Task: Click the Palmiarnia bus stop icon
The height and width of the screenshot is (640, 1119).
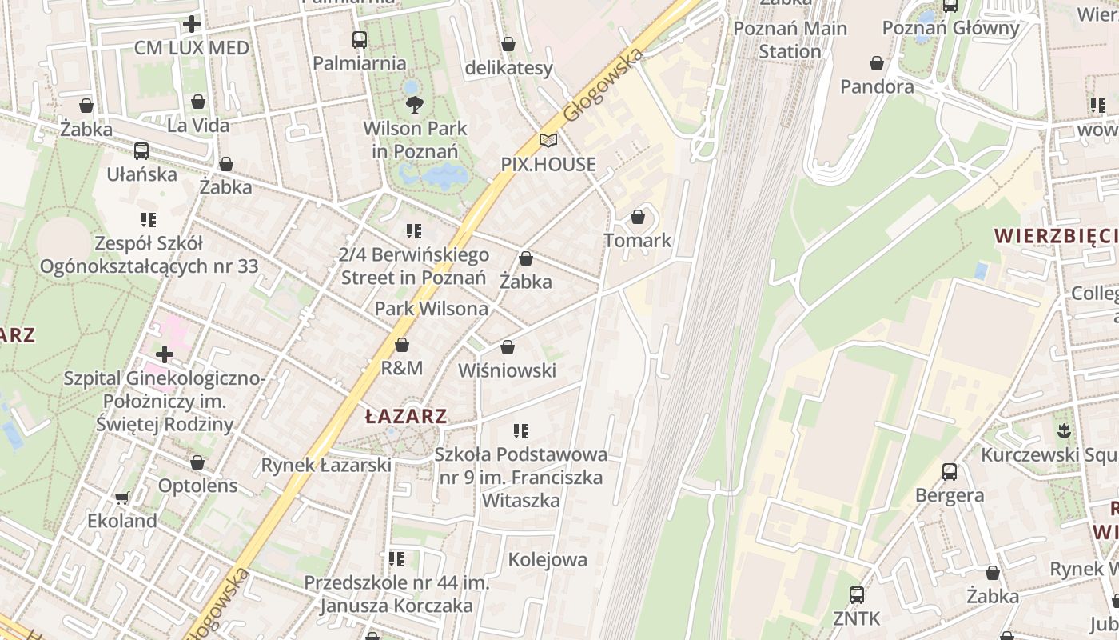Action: tap(360, 40)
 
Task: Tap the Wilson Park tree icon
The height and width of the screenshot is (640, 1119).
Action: tap(414, 104)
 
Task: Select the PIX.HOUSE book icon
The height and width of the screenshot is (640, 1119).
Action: tap(548, 141)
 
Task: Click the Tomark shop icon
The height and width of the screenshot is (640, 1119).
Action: tap(638, 217)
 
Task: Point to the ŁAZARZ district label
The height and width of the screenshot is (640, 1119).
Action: tap(406, 416)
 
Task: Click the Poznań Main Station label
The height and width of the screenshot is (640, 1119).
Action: tap(790, 40)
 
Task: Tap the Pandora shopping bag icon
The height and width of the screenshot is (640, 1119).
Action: tap(877, 63)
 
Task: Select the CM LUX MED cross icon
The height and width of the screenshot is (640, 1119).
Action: tap(192, 24)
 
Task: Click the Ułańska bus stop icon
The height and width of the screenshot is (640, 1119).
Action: tap(141, 150)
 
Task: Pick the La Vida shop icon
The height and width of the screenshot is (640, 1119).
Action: tap(198, 102)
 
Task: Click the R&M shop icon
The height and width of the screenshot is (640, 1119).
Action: tap(402, 345)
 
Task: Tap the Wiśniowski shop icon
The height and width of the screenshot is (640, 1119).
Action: tap(507, 347)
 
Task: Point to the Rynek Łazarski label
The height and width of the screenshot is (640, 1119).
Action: tap(326, 465)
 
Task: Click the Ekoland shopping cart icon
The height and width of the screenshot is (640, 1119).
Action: tap(121, 498)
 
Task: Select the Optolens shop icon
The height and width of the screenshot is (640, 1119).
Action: tap(197, 462)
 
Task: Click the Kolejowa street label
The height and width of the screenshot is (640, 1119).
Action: tap(548, 559)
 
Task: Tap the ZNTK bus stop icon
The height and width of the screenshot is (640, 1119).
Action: tap(856, 594)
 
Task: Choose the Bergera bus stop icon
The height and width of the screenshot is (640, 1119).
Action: tap(949, 471)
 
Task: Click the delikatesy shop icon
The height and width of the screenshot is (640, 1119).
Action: tap(508, 44)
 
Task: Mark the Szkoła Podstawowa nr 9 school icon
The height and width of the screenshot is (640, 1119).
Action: tap(521, 431)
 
